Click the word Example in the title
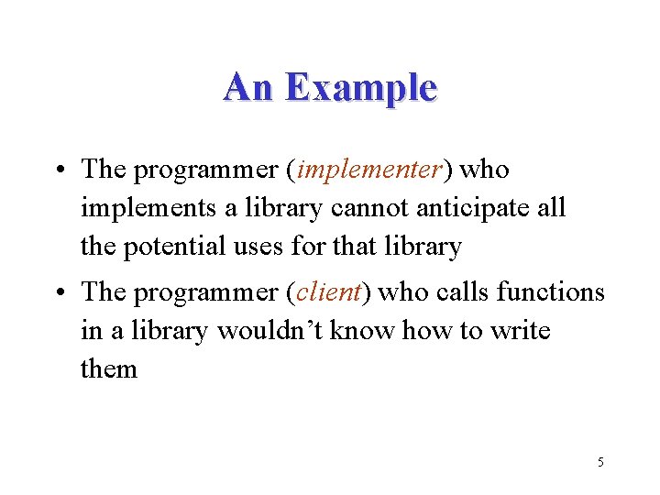(360, 88)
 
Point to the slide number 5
(600, 462)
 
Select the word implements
(149, 209)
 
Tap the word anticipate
(474, 209)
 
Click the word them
(109, 369)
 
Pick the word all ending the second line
(551, 208)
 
